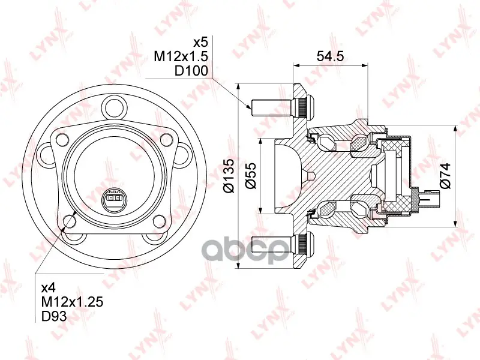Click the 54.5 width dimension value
[x=331, y=56]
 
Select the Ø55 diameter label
[x=251, y=176]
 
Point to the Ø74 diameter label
[x=445, y=175]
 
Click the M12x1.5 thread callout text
[x=181, y=56]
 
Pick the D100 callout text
[x=191, y=71]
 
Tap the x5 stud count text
[x=201, y=42]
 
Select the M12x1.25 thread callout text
[x=72, y=302]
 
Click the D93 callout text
[x=54, y=316]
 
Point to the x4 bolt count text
[x=49, y=287]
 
